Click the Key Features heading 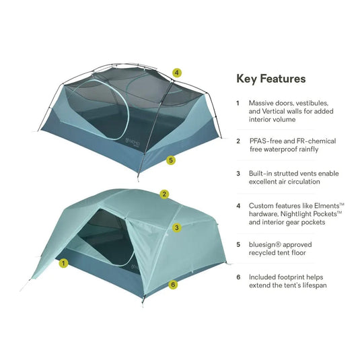(x=271, y=79)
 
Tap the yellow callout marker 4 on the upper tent (x=176, y=72)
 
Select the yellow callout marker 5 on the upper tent (x=171, y=160)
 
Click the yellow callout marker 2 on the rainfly (x=164, y=194)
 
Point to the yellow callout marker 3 (x=176, y=227)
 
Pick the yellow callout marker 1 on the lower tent (x=63, y=263)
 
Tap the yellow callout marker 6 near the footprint (x=173, y=285)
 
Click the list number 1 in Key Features (x=238, y=104)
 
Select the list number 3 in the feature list (x=238, y=172)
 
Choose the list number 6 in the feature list (x=238, y=277)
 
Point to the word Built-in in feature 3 (x=262, y=172)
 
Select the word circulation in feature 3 (x=305, y=182)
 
